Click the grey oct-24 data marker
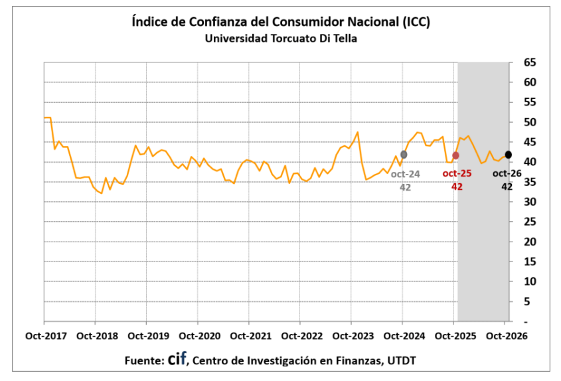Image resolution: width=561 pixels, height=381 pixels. [404, 155]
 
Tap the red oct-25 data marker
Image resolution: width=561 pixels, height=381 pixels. [455, 155]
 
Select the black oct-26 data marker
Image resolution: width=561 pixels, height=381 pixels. [508, 155]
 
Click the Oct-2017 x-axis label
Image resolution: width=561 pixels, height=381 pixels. [46, 336]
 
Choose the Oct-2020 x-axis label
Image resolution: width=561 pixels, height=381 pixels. [200, 336]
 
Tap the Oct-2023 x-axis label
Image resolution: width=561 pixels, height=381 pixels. [353, 336]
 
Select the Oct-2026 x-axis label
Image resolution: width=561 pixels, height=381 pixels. [507, 336]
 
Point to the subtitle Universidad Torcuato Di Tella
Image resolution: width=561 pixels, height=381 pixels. [281, 38]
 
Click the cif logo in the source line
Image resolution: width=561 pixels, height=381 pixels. [177, 358]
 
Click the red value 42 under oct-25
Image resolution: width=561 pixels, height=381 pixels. [457, 187]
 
